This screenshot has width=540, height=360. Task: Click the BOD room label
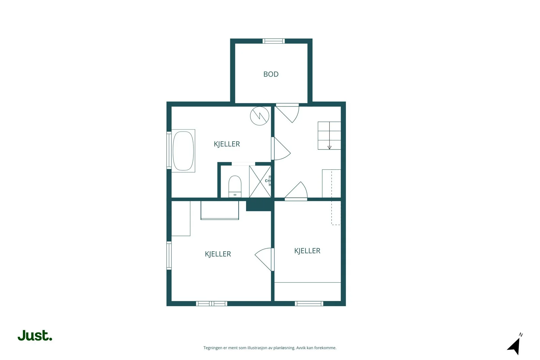271,74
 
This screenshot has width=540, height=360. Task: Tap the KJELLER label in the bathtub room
226,144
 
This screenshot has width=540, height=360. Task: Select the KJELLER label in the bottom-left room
218,254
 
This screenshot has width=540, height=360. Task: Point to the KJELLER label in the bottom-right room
307,251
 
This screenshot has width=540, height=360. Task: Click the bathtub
183,151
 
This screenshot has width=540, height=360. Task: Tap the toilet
235,187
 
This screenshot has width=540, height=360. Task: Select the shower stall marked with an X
260,182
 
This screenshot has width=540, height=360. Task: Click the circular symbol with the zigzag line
260,116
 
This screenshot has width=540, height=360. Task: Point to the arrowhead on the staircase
329,147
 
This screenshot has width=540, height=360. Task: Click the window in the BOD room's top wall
274,41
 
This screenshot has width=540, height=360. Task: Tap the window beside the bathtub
169,150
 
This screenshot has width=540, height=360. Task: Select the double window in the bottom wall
212,304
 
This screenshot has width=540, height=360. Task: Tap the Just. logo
35,335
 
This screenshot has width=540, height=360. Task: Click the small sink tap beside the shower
268,181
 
